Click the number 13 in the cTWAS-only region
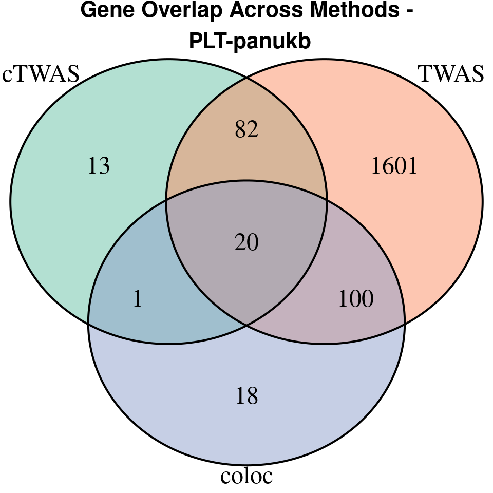pos(99,166)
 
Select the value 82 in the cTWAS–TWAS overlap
pos(246,130)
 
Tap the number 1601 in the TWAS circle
pos(394,166)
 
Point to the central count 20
pos(246,242)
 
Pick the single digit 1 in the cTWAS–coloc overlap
pos(137,299)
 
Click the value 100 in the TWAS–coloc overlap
pos(356,299)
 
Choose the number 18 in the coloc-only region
pos(246,396)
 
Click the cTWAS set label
pos(41,74)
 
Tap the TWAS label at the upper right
pos(451,74)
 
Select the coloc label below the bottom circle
pos(246,476)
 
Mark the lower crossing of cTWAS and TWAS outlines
pos(246,325)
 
